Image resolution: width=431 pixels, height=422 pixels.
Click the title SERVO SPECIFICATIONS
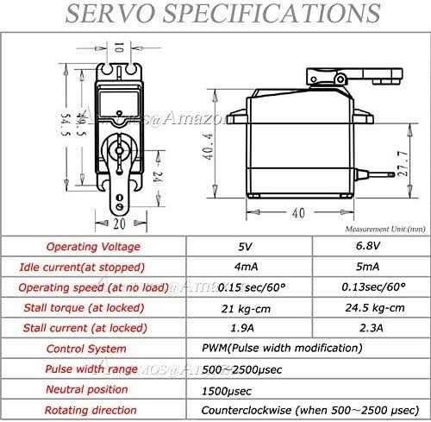[215, 15]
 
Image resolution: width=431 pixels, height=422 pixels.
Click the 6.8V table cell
[368, 246]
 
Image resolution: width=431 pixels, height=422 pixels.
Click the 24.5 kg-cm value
[368, 307]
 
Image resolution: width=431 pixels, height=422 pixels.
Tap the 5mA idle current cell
[368, 267]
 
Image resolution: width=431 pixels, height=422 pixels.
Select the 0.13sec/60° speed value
[368, 287]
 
